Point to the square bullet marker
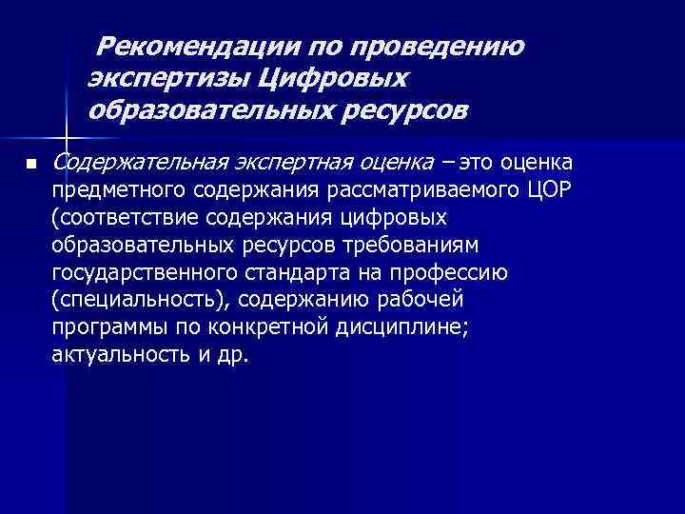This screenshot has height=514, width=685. pyautogui.click(x=30, y=165)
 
